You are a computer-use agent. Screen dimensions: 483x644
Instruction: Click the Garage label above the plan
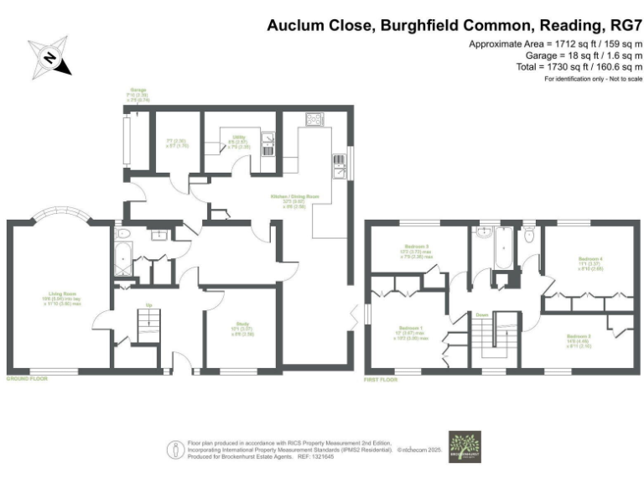click(x=137, y=91)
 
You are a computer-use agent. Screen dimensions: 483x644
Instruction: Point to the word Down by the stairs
click(x=482, y=314)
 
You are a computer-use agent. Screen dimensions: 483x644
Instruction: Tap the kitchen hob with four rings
click(x=314, y=119)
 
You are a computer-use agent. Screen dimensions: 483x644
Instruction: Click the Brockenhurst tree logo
click(x=463, y=446)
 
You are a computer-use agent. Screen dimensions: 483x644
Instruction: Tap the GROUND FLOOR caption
click(x=27, y=379)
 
